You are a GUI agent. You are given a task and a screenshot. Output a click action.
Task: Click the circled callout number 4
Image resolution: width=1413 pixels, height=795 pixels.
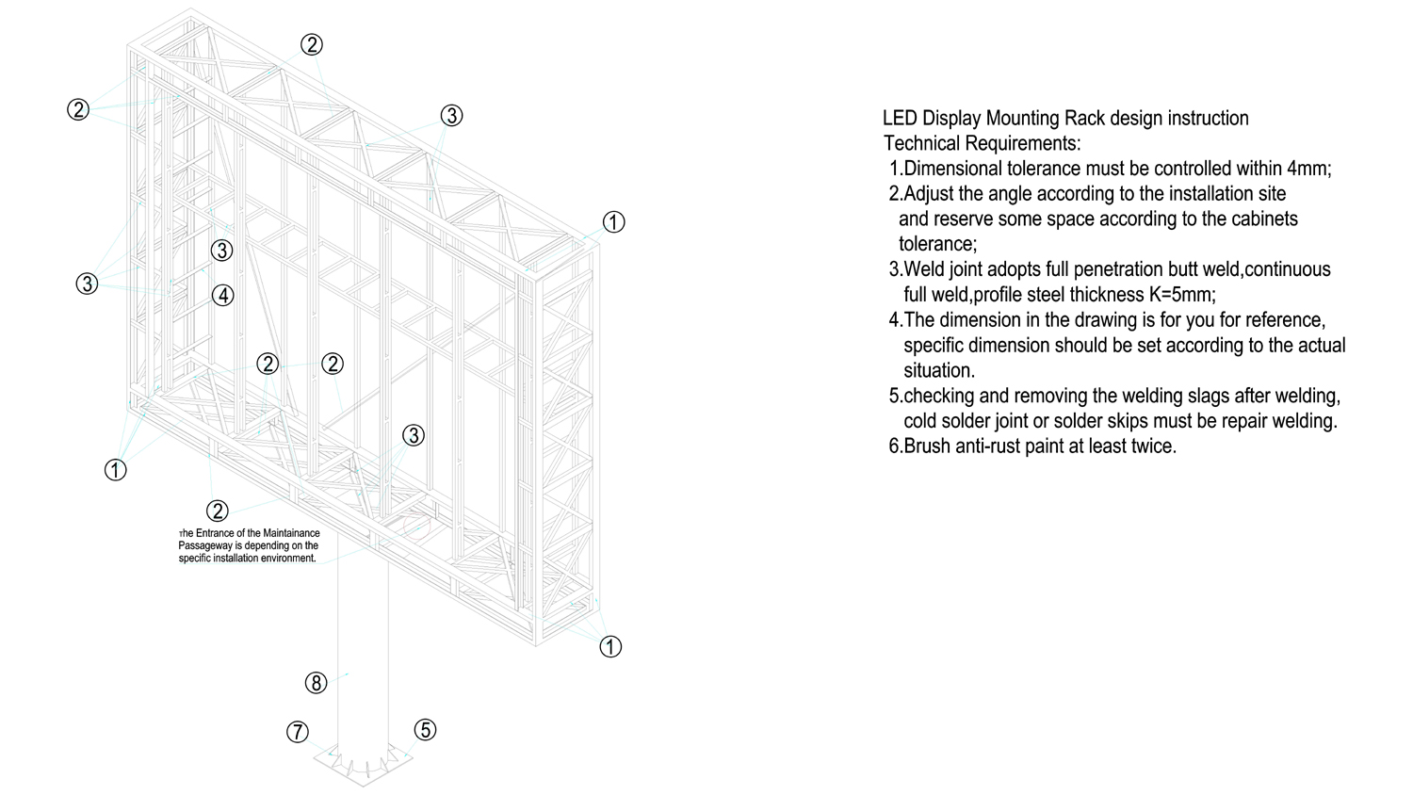pyautogui.click(x=222, y=295)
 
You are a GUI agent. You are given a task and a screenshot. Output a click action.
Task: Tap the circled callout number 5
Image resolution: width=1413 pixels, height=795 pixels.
pyautogui.click(x=425, y=729)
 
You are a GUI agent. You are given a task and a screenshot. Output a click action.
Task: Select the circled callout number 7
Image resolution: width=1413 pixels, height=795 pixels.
pyautogui.click(x=298, y=732)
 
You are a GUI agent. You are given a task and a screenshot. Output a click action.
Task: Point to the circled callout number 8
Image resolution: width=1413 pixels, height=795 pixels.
pyautogui.click(x=316, y=683)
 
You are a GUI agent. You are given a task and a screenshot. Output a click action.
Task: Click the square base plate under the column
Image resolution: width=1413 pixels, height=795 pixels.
pyautogui.click(x=363, y=764)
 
